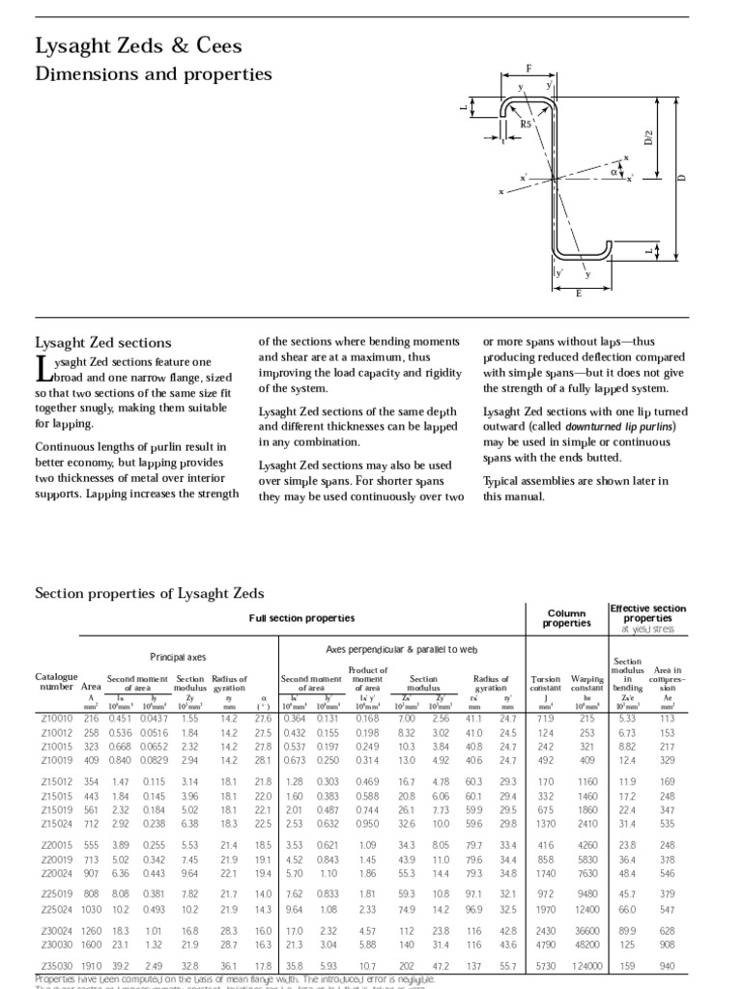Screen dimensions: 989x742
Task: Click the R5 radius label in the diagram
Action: [527, 124]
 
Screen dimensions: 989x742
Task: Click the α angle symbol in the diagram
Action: [614, 173]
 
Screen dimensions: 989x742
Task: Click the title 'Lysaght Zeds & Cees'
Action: [138, 46]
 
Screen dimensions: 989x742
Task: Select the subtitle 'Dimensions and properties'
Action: [154, 73]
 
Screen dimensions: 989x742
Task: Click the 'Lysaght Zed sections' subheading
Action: [103, 342]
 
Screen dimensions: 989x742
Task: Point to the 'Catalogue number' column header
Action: [54, 682]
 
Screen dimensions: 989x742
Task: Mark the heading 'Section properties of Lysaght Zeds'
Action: [150, 592]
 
